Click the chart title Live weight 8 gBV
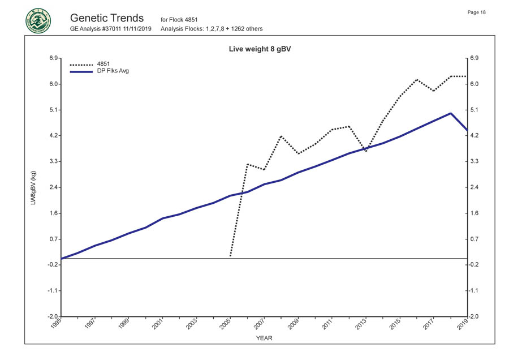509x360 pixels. pyautogui.click(x=260, y=49)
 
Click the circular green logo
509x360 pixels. pyautogui.click(x=37, y=21)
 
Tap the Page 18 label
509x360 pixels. pyautogui.click(x=477, y=12)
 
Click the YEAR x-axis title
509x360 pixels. pyautogui.click(x=264, y=338)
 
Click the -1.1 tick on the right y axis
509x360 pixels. pyautogui.click(x=474, y=290)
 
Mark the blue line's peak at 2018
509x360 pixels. pyautogui.click(x=450, y=113)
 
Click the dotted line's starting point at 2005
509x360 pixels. pyautogui.click(x=230, y=256)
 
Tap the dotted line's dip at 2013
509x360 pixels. pyautogui.click(x=366, y=151)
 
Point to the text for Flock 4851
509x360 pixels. pyautogui.click(x=179, y=20)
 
